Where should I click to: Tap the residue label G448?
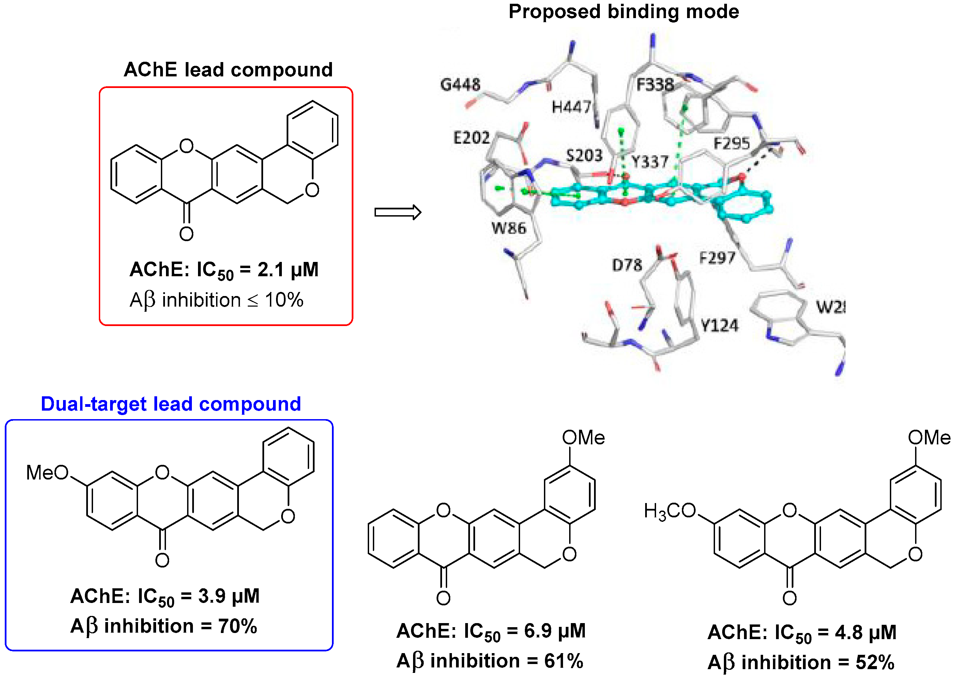pos(460,85)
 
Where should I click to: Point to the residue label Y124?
pos(719,325)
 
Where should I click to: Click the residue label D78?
pos(627,265)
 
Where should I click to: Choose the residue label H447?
pos(571,107)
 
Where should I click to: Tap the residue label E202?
pos(471,137)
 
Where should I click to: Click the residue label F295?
pos(731,144)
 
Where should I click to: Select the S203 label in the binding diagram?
pos(584,156)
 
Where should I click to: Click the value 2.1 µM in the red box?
pos(288,270)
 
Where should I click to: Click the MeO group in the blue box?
pos(47,473)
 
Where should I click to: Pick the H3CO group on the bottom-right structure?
pos(670,511)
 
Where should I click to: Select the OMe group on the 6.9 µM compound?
pos(583,438)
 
